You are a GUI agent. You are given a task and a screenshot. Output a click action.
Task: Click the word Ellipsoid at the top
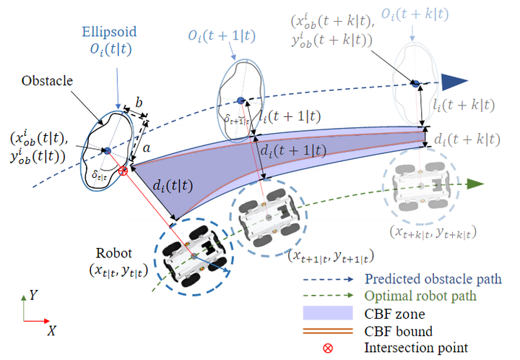pos(108,34)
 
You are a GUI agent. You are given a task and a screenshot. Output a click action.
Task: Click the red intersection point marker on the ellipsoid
pos(123,171)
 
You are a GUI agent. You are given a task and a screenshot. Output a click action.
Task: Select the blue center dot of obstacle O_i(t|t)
pos(107,150)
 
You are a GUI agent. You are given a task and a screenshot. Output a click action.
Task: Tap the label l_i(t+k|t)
pos(459,106)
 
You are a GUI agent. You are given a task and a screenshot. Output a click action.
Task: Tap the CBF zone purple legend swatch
pos(327,314)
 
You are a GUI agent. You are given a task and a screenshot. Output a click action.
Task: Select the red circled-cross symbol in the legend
pos(327,348)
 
